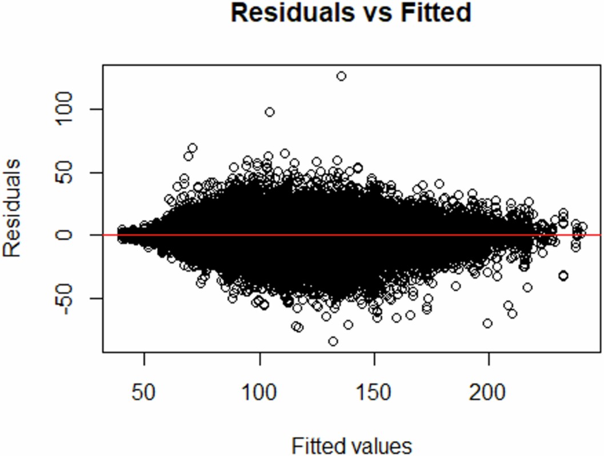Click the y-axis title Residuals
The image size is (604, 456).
pos(13,208)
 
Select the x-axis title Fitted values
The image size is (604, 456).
pos(351,445)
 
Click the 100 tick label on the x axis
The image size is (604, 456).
pos(259,394)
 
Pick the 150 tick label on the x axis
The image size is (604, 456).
pos(374,394)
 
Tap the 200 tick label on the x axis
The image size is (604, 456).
pos(489,394)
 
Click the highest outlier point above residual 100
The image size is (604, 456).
pos(341,76)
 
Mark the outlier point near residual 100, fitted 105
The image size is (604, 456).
pos(270,112)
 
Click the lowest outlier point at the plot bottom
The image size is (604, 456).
pos(333,341)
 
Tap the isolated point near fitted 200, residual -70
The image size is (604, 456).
pos(487,323)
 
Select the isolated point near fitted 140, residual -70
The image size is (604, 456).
pos(348,325)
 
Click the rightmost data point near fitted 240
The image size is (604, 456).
pos(582,227)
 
